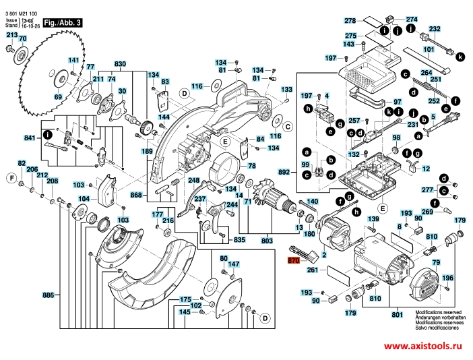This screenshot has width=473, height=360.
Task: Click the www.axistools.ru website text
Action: tap(424, 344)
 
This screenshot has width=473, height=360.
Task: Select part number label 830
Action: tap(120, 63)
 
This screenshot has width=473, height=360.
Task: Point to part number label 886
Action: tap(48, 295)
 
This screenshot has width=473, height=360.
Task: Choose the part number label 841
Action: tap(29, 138)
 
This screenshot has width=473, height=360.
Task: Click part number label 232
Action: tap(435, 29)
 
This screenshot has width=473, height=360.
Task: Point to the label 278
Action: tap(350, 21)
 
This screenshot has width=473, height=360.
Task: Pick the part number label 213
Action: tap(12, 34)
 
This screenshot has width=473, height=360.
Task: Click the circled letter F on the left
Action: tap(11, 178)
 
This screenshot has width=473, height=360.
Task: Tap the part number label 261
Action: tap(312, 270)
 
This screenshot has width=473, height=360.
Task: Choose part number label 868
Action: tap(137, 196)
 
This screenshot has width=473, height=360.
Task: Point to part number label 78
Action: tap(252, 166)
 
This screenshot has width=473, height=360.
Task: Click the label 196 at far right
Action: tap(448, 278)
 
